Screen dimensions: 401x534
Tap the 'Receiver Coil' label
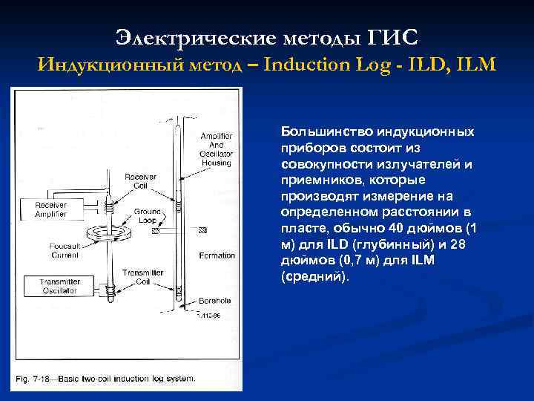point(140,182)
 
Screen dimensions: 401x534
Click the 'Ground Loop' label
point(148,216)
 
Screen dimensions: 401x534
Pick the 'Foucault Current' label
point(65,250)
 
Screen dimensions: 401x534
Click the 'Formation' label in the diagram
point(217,255)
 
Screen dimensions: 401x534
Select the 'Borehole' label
point(217,301)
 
